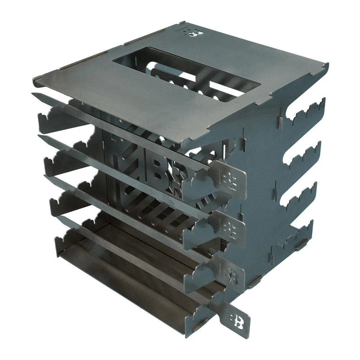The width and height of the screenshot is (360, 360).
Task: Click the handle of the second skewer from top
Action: click(x=230, y=227)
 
